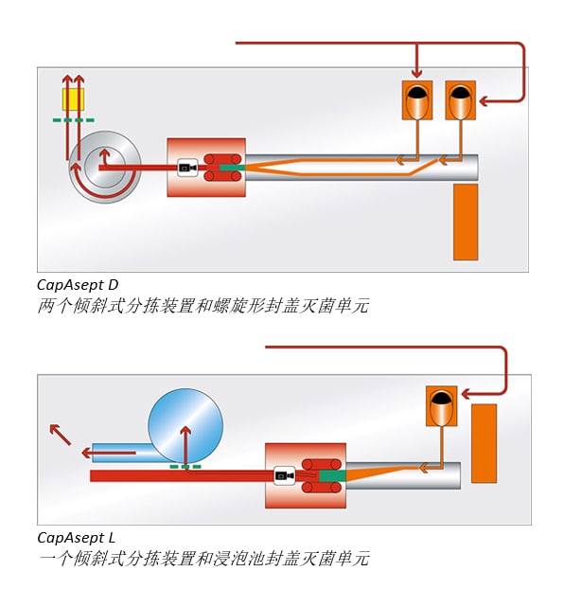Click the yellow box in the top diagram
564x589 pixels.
tap(73, 99)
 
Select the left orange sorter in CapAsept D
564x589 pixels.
tap(417, 100)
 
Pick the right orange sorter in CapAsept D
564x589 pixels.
tap(460, 100)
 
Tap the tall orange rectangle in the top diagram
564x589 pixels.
tap(466, 222)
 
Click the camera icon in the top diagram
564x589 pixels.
tap(187, 168)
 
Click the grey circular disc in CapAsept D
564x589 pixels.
tap(106, 168)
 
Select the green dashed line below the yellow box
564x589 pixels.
tap(74, 120)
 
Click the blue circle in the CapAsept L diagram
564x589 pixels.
tap(185, 425)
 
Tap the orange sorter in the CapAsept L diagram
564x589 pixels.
tap(442, 406)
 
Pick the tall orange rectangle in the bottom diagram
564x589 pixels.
tap(484, 443)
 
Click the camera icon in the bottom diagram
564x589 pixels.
tap(284, 476)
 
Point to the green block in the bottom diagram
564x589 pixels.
tap(333, 476)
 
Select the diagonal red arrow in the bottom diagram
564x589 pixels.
tap(60, 435)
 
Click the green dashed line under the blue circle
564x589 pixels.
tap(185, 467)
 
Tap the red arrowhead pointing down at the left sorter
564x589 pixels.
tap(416, 73)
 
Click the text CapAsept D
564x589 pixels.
tap(78, 285)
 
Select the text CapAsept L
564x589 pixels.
tap(77, 538)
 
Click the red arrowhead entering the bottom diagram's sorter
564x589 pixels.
tap(466, 395)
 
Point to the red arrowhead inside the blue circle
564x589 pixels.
tap(185, 431)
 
